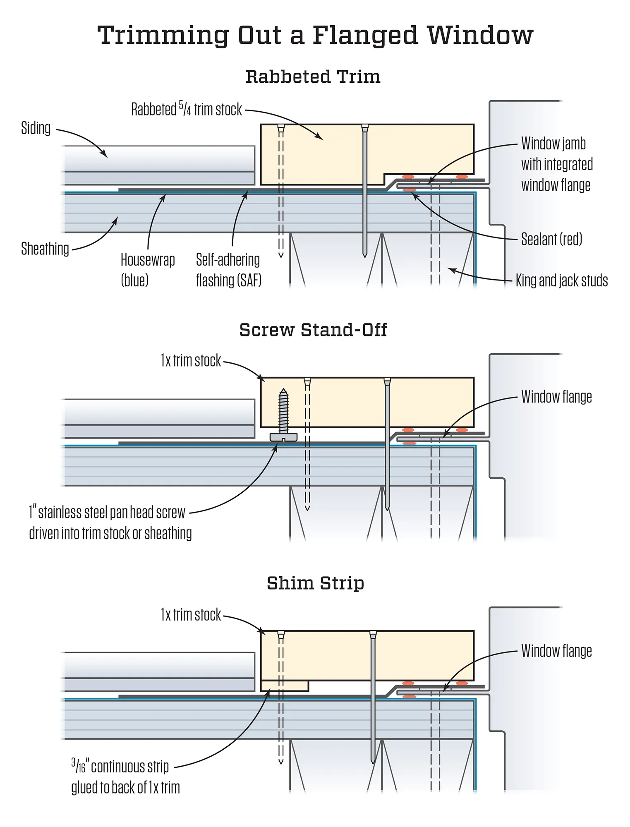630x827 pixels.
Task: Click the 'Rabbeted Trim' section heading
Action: pos(313,77)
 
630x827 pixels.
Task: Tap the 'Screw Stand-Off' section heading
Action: pos(313,330)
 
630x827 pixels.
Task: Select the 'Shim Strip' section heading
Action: pos(315,583)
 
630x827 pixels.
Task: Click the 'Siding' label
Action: pos(36,128)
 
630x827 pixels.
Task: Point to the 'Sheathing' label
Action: pos(45,249)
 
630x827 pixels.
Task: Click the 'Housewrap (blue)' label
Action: pos(148,270)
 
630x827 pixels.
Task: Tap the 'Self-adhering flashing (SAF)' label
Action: pos(228,270)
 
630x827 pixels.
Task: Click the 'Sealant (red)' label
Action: pos(551,239)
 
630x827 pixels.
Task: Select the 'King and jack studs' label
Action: pos(561,280)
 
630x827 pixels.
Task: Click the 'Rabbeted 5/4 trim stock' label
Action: pos(187,110)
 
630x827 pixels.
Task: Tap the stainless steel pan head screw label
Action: pos(110,523)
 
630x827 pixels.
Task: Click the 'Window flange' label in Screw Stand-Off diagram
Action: pos(556,397)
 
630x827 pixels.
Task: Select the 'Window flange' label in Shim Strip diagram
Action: pos(556,651)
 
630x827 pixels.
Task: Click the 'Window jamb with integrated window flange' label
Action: pos(556,164)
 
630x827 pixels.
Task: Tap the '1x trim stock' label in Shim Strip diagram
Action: pos(191,615)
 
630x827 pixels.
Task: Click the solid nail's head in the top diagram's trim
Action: pos(364,127)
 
